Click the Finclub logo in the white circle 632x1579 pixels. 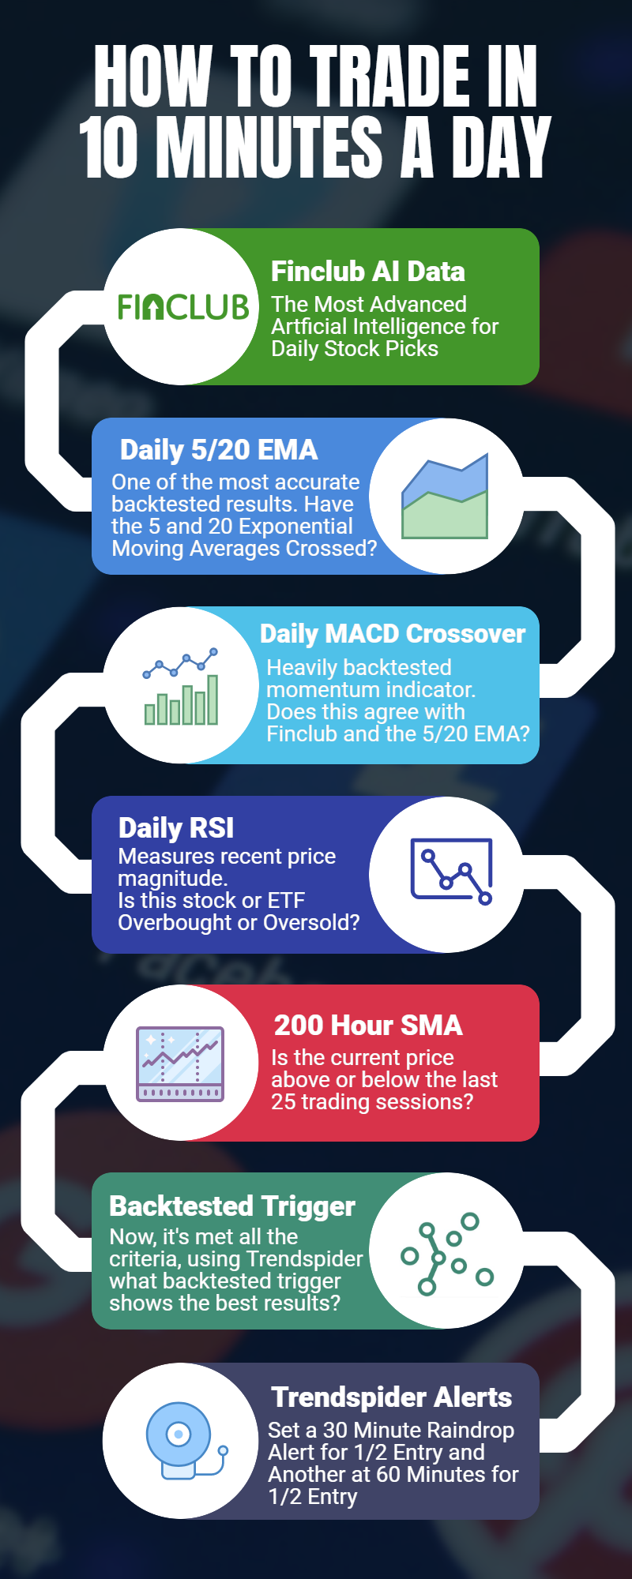pos(183,307)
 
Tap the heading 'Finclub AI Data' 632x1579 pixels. pos(368,272)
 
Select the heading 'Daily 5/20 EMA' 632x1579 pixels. pos(219,450)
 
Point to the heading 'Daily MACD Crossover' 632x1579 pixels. pos(393,634)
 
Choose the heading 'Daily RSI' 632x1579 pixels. pos(176,828)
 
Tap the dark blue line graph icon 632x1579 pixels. pos(452,872)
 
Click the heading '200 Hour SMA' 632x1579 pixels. pos(368,1026)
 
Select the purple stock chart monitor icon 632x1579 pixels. pos(180,1063)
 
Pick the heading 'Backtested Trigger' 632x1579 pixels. pos(232,1206)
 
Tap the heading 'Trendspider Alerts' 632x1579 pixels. pos(392,1397)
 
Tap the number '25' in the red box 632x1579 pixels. pos(283,1101)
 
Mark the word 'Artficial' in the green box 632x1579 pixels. pos(308,326)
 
